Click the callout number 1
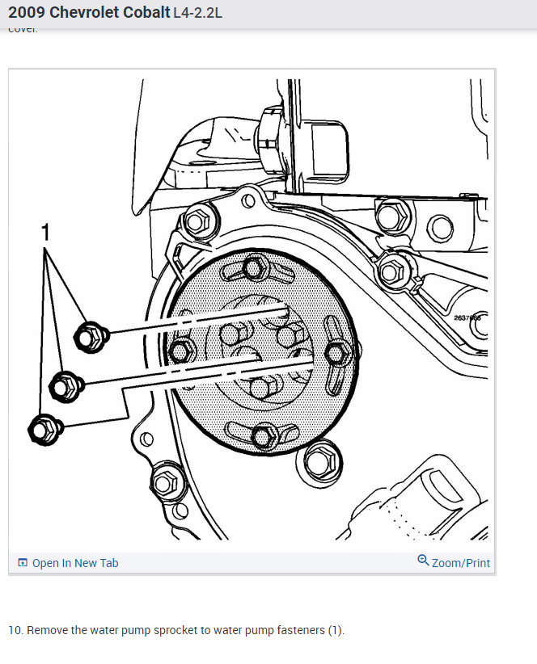45,233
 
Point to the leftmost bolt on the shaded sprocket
181,351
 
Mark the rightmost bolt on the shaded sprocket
337,352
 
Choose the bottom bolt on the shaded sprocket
263,436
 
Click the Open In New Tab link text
74,563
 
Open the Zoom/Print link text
460,563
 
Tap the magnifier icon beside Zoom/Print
423,561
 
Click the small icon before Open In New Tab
23,563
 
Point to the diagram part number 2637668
467,318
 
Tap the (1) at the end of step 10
336,630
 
